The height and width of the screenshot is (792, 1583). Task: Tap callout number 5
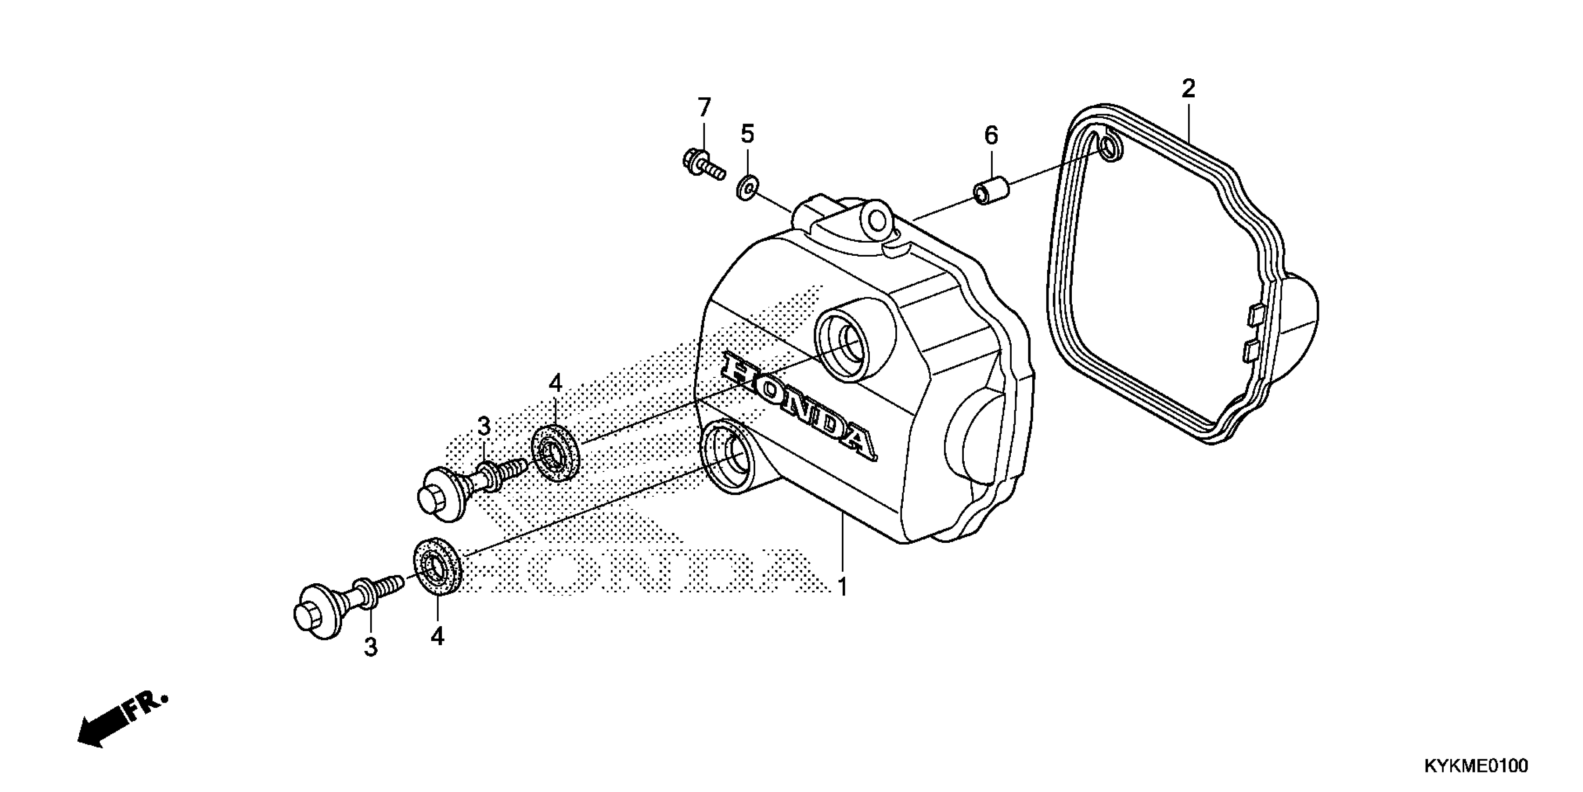(x=747, y=133)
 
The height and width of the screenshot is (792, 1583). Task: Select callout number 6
(x=991, y=135)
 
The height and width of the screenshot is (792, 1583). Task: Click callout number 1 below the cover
(x=843, y=587)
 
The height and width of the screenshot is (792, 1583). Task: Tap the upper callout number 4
(x=555, y=384)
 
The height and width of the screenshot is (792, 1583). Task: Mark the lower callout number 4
(x=437, y=636)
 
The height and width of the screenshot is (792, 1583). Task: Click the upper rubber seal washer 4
(x=555, y=454)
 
